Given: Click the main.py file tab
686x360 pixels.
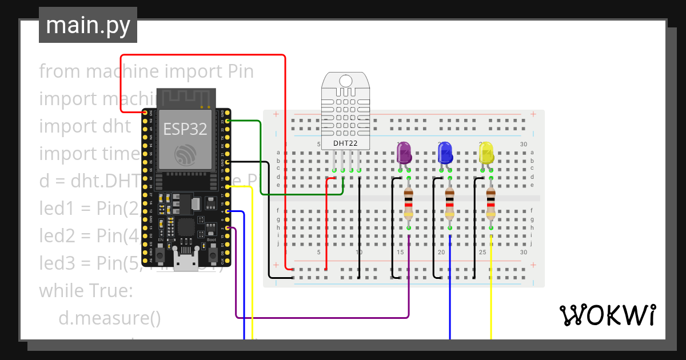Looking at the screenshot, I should pyautogui.click(x=87, y=25).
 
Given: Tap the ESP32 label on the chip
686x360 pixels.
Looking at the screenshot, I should pyautogui.click(x=185, y=129).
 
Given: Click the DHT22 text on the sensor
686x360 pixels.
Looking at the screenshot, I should pyautogui.click(x=345, y=143).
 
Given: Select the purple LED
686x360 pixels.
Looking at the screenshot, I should pyautogui.click(x=404, y=153).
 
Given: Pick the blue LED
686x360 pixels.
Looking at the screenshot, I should pyautogui.click(x=445, y=153).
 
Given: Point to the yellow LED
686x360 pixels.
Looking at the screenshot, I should pyautogui.click(x=486, y=153).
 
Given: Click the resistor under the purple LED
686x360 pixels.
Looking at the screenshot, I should pyautogui.click(x=409, y=204).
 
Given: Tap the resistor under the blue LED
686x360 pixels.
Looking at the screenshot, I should pyautogui.click(x=450, y=204).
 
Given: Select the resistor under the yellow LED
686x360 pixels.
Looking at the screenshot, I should pyautogui.click(x=491, y=204).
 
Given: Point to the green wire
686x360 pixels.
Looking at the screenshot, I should pyautogui.click(x=261, y=160).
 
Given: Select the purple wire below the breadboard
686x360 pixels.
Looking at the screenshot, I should pyautogui.click(x=320, y=317).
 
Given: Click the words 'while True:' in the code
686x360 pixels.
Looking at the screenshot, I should pyautogui.click(x=86, y=290).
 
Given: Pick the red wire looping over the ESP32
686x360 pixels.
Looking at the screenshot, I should pyautogui.click(x=200, y=55).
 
